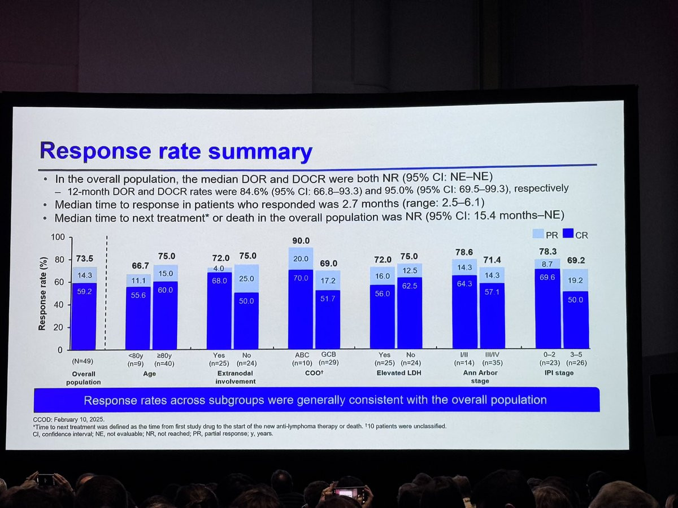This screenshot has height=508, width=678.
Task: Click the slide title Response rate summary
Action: pyautogui.click(x=175, y=151)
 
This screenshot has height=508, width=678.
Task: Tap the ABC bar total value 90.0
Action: pyautogui.click(x=300, y=240)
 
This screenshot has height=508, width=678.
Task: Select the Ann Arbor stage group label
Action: pyautogui.click(x=477, y=377)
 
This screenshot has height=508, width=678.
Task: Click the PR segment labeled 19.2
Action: pyautogui.click(x=575, y=279)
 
